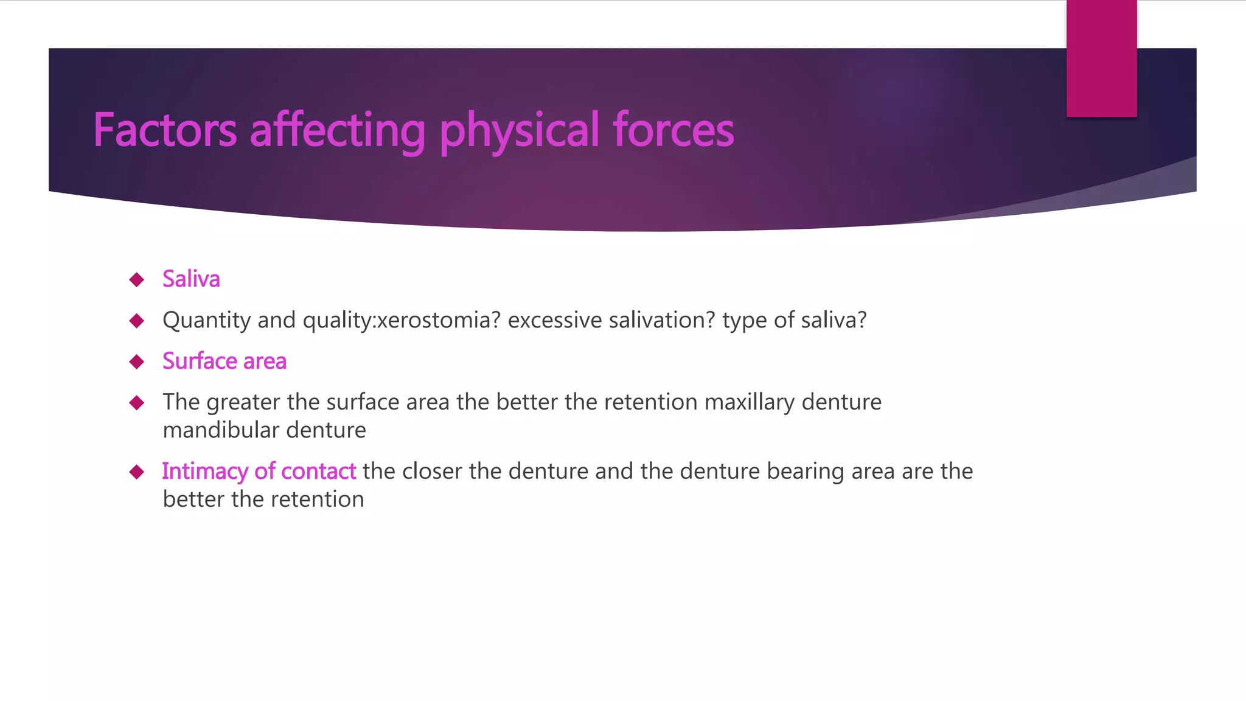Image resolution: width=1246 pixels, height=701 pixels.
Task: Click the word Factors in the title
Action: [164, 130]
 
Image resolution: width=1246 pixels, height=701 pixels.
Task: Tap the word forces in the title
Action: [673, 130]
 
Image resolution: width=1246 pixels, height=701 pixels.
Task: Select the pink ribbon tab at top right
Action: [1101, 58]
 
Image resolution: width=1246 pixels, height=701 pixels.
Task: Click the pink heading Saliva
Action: [191, 279]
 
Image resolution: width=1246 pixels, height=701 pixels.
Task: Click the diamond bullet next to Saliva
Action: [137, 280]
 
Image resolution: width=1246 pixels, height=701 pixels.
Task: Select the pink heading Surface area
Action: [224, 361]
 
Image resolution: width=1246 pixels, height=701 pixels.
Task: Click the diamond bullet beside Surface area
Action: [137, 362]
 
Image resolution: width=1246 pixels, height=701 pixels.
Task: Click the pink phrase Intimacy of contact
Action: [259, 472]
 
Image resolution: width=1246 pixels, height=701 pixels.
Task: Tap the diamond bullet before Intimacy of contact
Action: [137, 472]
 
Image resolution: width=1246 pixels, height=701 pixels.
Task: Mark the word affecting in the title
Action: [337, 130]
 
